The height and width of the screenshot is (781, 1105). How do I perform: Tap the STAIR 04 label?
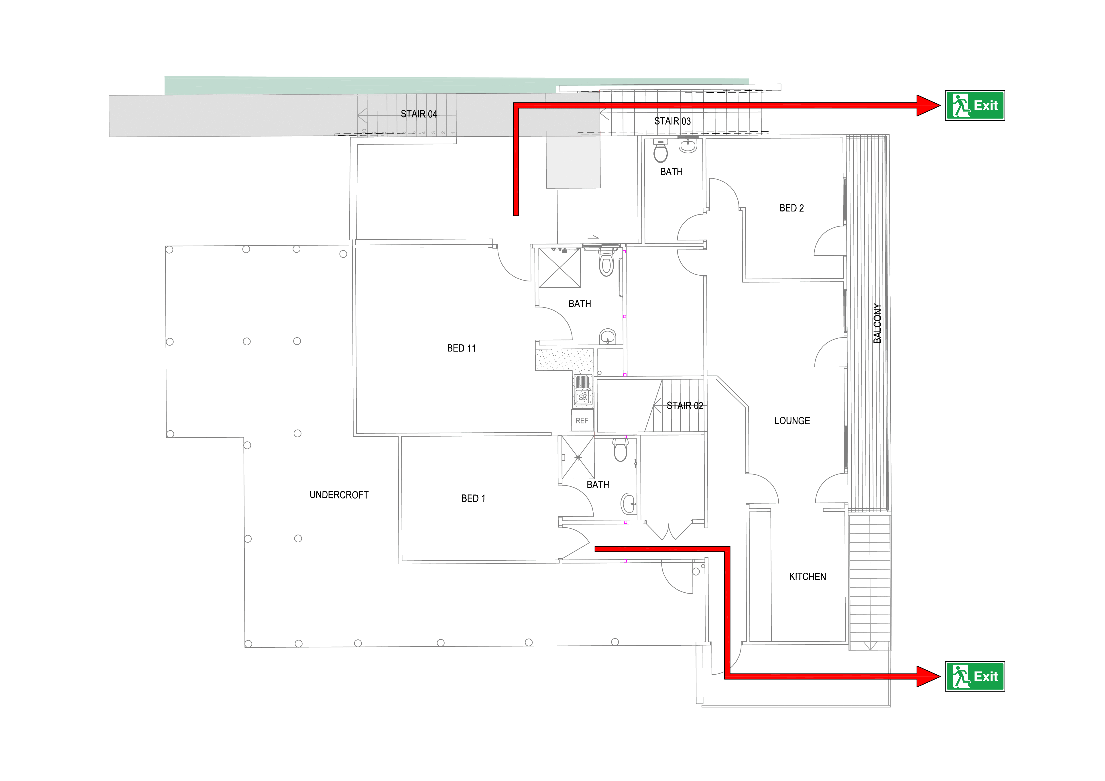coord(419,114)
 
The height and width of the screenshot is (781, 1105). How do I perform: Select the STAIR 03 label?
coord(672,121)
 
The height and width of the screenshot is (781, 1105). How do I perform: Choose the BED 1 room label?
coord(473,498)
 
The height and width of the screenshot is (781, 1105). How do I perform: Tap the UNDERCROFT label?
coord(339,495)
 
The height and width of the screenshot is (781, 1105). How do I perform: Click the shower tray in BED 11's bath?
coord(559,268)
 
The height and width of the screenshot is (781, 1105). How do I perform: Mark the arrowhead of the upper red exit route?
coord(928,105)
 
